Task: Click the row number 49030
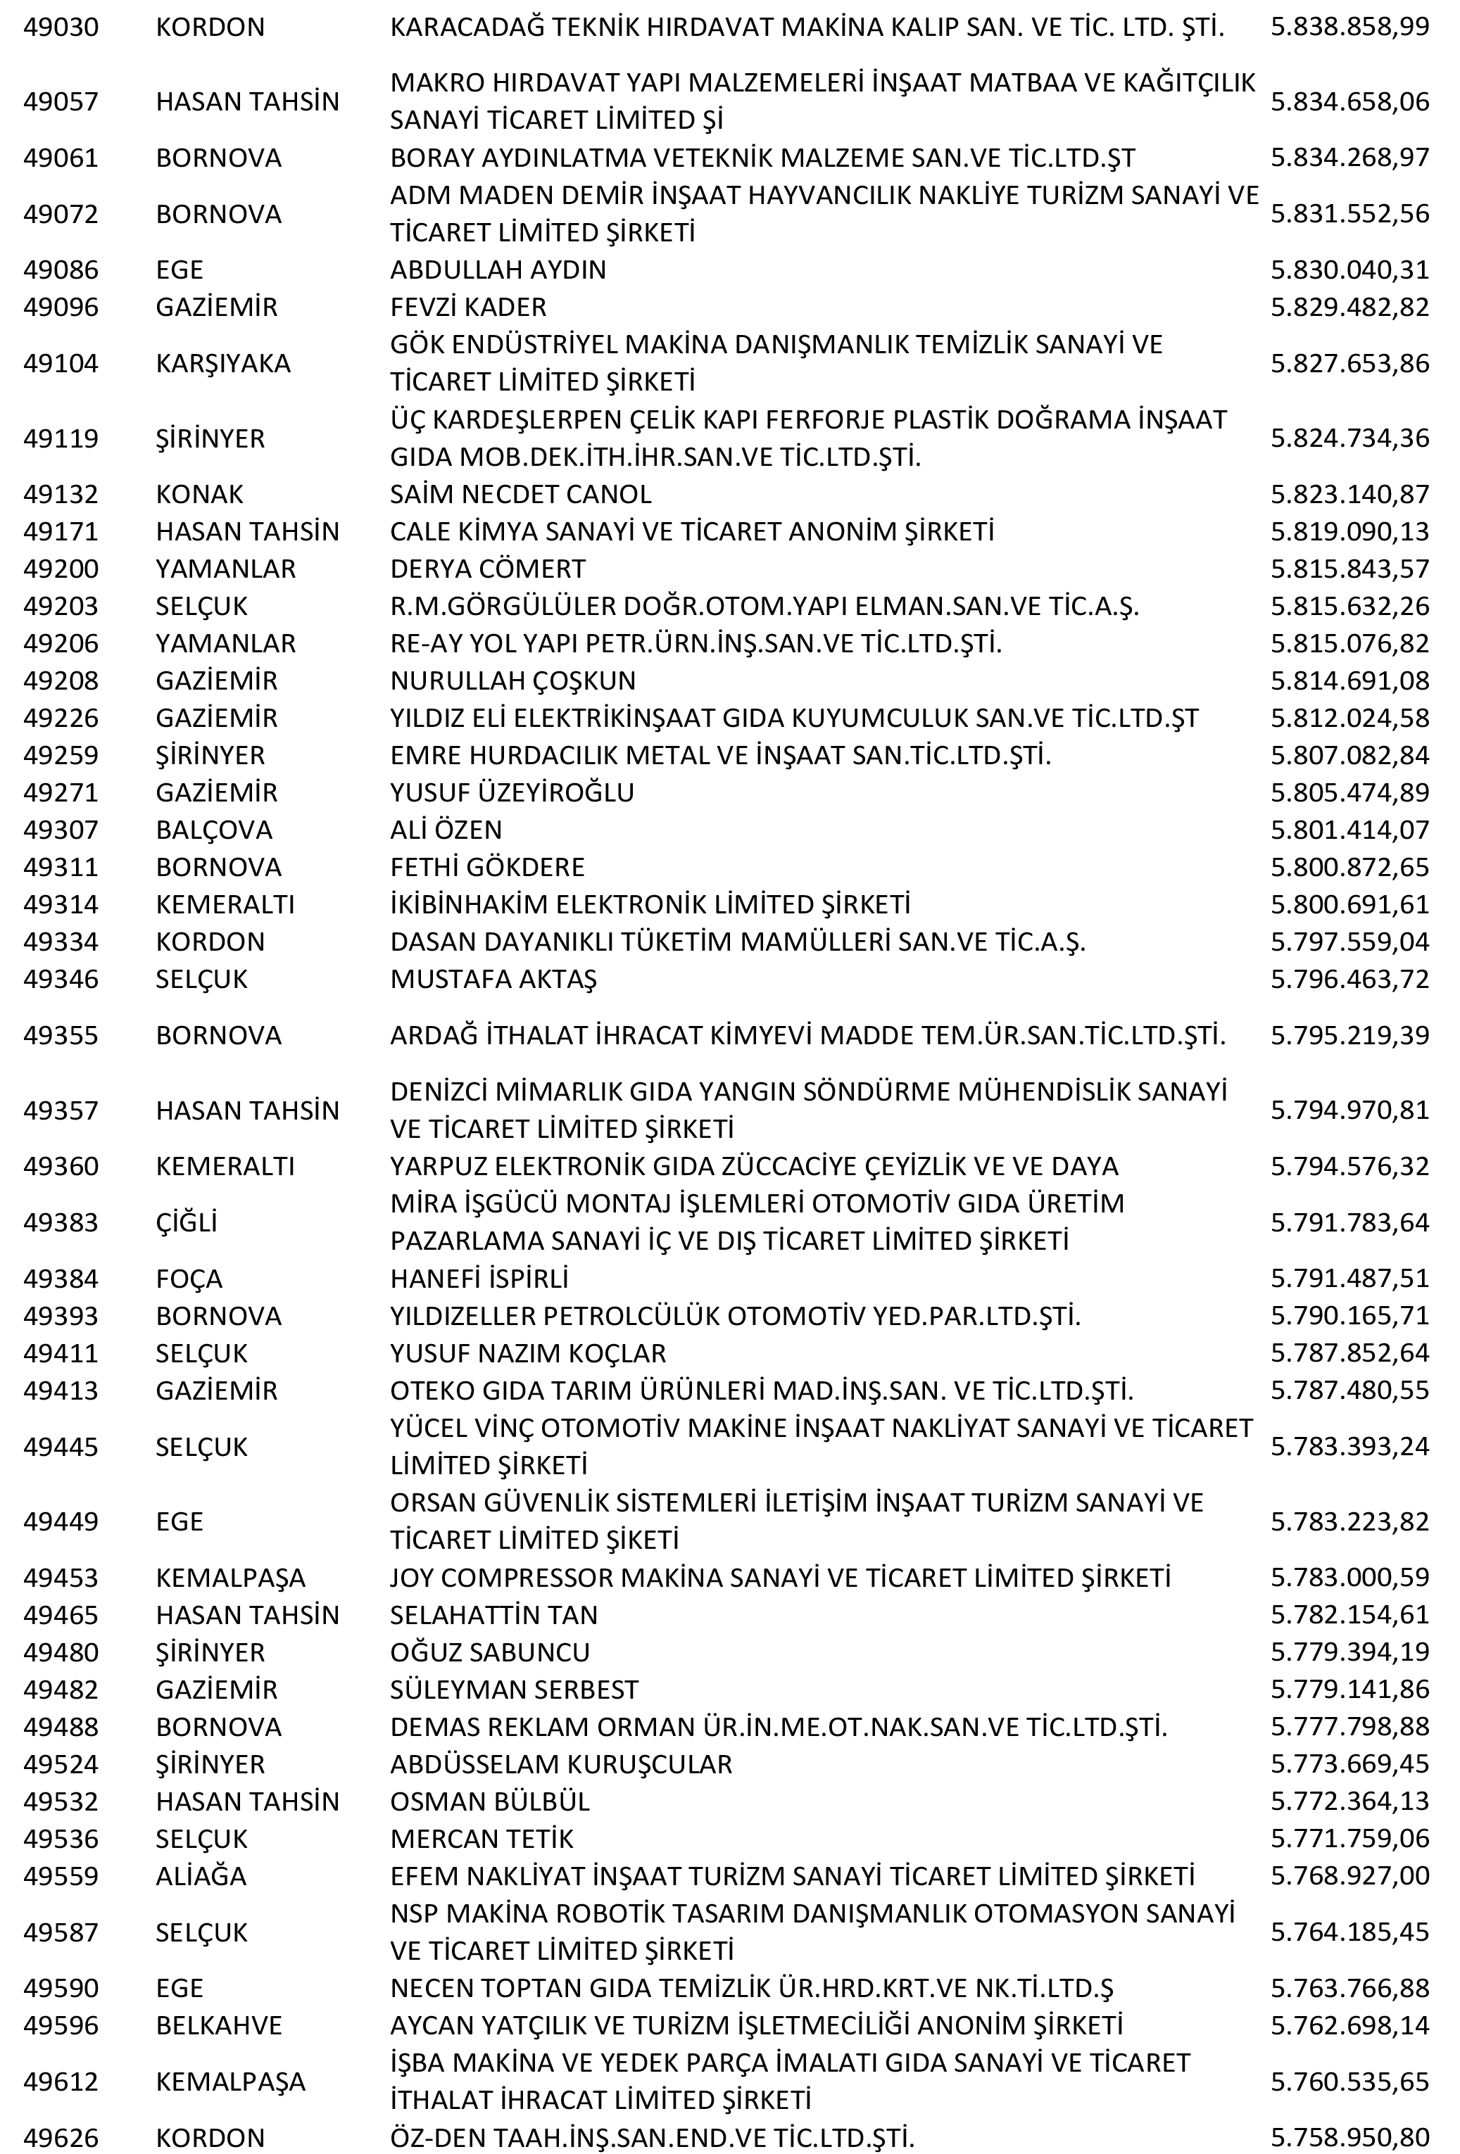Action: (61, 27)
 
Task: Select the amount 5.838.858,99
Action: (1349, 27)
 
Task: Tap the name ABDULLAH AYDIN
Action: (498, 270)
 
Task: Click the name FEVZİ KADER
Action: (468, 307)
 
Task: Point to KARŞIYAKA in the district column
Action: (222, 363)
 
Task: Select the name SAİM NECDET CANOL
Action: (520, 494)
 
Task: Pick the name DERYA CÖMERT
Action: (488, 568)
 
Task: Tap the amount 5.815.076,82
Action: (1349, 643)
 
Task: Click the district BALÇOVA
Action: (213, 830)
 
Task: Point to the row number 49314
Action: (61, 904)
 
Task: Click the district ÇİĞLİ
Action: (187, 1222)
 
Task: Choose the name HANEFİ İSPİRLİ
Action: (479, 1278)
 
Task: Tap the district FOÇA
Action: (189, 1278)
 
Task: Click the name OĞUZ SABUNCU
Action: (489, 1652)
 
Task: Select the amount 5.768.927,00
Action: (1349, 1876)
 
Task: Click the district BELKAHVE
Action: (219, 2025)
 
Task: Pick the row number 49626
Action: (61, 2137)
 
